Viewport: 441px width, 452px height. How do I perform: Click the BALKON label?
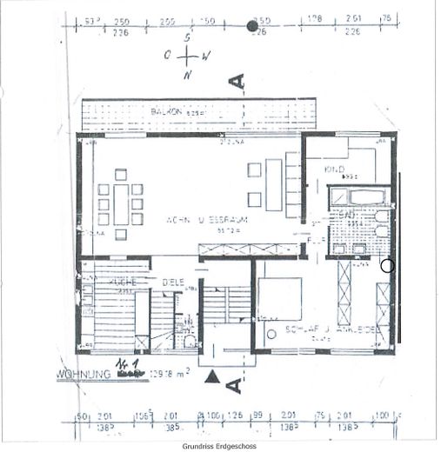click(x=165, y=112)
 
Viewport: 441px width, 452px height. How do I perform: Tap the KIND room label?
click(x=336, y=168)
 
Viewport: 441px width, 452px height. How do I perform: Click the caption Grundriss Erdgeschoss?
click(x=219, y=446)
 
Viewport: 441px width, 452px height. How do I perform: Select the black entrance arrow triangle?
click(x=212, y=376)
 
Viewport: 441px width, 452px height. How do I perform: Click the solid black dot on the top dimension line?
click(x=253, y=25)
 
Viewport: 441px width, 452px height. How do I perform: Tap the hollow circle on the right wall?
click(x=387, y=267)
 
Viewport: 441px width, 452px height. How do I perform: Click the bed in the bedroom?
click(x=280, y=298)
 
